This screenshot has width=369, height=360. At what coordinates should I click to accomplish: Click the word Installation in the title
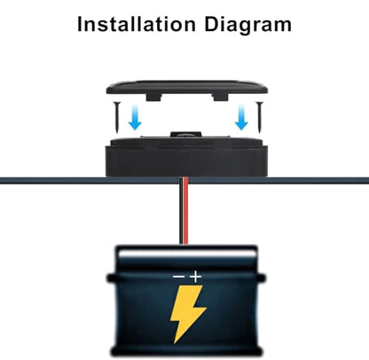tap(137, 24)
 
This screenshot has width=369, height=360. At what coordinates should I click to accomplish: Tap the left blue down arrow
tap(135, 118)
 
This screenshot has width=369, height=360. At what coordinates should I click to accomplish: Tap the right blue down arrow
tap(241, 118)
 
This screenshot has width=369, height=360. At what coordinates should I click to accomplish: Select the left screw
tap(117, 116)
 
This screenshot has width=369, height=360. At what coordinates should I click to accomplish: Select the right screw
tap(260, 116)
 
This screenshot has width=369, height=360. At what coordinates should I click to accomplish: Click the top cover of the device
tap(187, 88)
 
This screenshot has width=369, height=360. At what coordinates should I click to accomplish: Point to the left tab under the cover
tap(154, 98)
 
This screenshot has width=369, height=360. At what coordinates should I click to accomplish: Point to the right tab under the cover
tap(220, 98)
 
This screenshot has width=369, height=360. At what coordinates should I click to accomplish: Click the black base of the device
tap(187, 157)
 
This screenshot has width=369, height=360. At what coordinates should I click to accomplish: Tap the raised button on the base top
tap(186, 135)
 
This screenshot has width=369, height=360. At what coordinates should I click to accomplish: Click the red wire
tap(185, 211)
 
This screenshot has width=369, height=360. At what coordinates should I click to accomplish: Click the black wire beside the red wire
tap(181, 211)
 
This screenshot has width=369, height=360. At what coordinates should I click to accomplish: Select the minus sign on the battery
tap(179, 277)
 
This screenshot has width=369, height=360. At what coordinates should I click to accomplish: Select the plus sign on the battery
tap(195, 277)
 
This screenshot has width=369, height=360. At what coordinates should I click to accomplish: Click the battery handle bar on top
tap(187, 253)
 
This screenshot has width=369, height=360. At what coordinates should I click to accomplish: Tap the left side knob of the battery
tap(111, 278)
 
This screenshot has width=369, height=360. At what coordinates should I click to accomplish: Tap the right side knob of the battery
tap(262, 278)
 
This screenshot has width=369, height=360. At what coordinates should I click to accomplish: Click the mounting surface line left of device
tap(52, 180)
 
